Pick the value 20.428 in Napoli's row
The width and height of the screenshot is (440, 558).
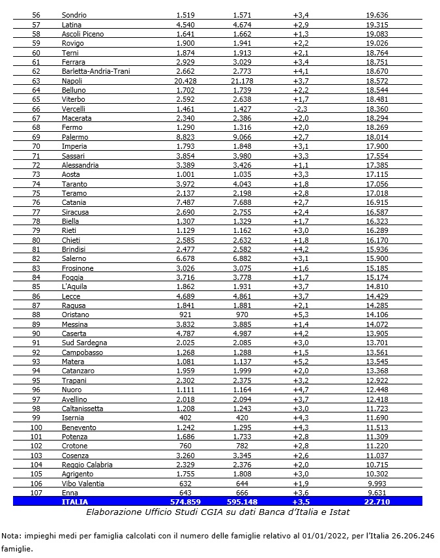click(186, 80)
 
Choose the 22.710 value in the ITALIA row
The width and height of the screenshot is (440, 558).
click(377, 502)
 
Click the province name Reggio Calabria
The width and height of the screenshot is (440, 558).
click(87, 465)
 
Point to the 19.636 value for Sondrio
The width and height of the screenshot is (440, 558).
click(377, 14)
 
